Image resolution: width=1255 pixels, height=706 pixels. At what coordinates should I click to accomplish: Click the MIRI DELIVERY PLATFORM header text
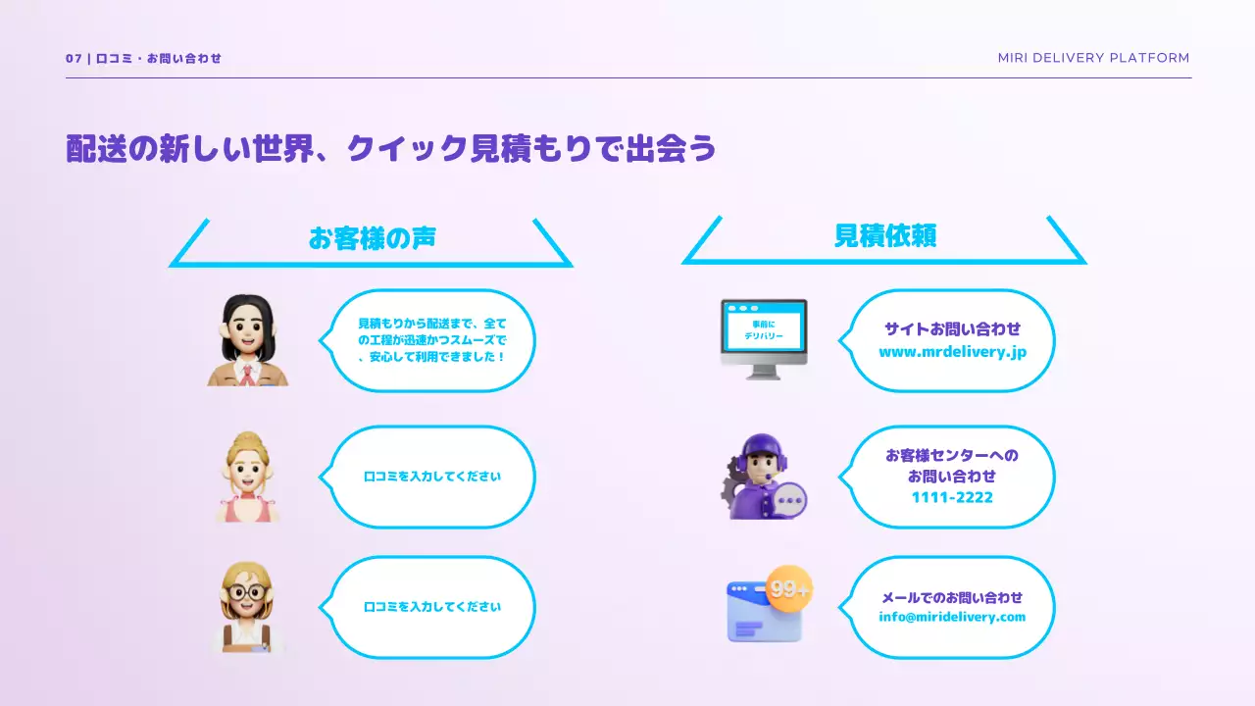point(1093,58)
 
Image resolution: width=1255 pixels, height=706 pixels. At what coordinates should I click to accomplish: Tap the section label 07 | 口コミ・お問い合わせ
point(143,58)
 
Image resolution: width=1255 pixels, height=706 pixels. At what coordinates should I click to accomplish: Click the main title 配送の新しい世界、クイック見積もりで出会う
point(391,148)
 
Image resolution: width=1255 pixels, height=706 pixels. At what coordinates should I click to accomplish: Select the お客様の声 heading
point(373,238)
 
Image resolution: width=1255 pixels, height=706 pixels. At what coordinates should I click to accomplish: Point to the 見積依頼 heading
point(885,235)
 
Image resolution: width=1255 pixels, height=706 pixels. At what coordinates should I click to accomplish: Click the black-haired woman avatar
point(248,340)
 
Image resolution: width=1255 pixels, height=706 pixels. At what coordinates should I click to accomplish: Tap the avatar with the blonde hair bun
point(247,477)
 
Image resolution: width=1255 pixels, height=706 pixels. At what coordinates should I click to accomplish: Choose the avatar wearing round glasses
point(248,607)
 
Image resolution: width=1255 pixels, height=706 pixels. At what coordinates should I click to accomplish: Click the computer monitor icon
point(764,339)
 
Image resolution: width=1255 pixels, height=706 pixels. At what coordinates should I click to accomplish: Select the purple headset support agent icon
point(763,477)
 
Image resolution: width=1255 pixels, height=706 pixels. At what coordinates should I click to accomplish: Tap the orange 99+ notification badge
point(789,588)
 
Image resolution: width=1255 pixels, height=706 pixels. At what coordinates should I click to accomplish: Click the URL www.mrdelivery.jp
point(952,352)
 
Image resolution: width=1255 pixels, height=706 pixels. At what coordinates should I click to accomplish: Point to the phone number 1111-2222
point(952,497)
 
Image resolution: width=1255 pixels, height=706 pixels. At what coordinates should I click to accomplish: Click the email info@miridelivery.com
point(952,617)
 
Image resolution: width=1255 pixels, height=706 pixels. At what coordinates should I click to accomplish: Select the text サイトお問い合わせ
point(952,328)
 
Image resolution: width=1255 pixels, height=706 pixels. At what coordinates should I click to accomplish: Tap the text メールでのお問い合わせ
point(952,598)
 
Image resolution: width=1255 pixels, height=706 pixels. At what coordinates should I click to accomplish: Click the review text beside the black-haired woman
point(432,339)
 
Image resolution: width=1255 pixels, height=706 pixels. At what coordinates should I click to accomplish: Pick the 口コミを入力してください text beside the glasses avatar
point(432,607)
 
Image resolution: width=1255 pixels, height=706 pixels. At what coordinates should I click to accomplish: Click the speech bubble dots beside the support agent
point(790,500)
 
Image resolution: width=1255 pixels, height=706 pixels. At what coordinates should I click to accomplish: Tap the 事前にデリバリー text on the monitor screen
point(764,330)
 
